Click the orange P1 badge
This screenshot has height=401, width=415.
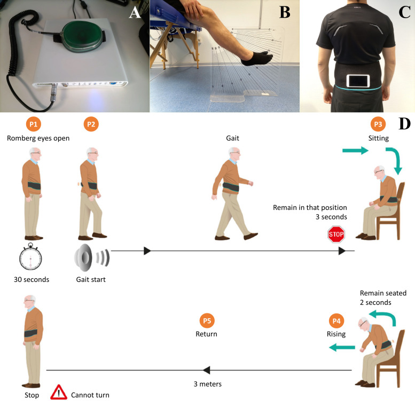click(x=33, y=124)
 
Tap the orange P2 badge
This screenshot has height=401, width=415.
click(x=91, y=124)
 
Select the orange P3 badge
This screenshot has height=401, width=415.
click(x=378, y=124)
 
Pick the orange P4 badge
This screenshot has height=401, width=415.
click(x=336, y=321)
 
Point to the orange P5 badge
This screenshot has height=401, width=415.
click(x=207, y=321)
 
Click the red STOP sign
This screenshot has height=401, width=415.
click(x=336, y=234)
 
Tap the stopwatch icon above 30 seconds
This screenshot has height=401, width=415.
click(x=30, y=257)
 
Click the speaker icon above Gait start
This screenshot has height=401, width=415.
click(x=91, y=257)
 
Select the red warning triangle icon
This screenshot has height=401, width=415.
click(x=59, y=392)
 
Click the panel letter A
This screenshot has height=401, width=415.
click(x=135, y=13)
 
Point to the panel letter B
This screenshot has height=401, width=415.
click(x=285, y=12)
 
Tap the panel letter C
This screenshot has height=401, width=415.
click(x=404, y=12)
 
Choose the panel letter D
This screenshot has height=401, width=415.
click(x=404, y=123)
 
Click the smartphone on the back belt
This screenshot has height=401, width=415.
click(x=358, y=81)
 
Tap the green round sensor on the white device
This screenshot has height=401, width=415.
click(x=80, y=36)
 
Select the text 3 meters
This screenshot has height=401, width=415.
click(x=207, y=384)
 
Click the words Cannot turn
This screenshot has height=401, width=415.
click(x=90, y=395)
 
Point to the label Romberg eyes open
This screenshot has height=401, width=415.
click(x=38, y=138)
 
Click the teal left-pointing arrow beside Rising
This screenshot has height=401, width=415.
click(x=342, y=347)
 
